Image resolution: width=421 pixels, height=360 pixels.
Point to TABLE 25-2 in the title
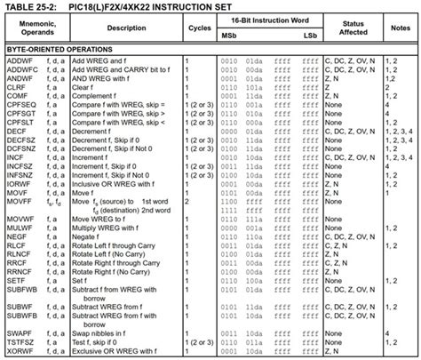click(34, 7)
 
